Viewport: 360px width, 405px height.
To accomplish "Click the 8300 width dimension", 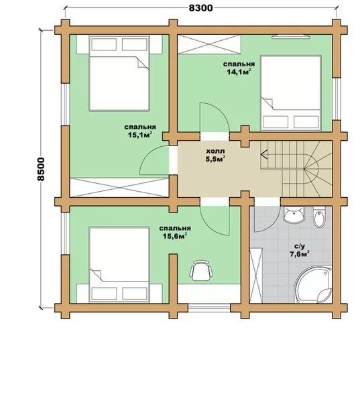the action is point(201,8).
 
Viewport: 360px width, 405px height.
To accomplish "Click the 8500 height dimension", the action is point(41,169).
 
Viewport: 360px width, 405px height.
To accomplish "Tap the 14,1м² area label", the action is point(239,72).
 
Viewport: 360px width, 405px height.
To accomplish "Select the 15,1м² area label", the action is point(139,135).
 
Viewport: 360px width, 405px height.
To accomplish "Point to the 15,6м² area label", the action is point(175,236).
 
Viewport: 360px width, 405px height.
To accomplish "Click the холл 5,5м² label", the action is point(215,155).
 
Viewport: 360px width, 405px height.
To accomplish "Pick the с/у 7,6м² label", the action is point(300,251).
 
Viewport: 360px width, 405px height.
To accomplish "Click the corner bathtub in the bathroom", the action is point(313,284).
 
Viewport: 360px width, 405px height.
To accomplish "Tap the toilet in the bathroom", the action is point(319,217).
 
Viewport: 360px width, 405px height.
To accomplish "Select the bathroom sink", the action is point(294,215).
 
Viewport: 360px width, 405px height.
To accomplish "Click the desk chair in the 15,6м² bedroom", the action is point(201,270).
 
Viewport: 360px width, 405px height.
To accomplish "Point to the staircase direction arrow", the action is point(264,155).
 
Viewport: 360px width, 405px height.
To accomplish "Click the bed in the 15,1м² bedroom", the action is point(119,73).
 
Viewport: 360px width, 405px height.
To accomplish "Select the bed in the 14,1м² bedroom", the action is point(291,93).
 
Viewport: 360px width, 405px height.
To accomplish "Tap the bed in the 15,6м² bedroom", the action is point(119,265).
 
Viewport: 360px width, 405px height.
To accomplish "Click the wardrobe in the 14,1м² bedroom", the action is point(209,44).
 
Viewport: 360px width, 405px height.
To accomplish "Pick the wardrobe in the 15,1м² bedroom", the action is point(119,188).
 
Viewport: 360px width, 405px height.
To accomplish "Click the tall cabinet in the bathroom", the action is point(256,276).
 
